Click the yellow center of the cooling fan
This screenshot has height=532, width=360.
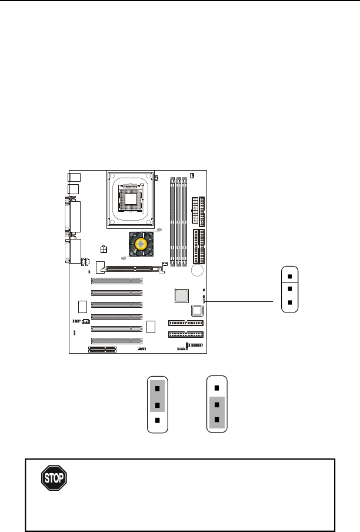[141, 244]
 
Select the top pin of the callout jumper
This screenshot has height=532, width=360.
[289, 275]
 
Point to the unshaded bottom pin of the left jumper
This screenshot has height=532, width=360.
[157, 420]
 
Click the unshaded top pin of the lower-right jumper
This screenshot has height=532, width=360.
[218, 388]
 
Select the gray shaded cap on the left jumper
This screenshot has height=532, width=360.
[157, 396]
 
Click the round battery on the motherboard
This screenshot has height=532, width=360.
[197, 270]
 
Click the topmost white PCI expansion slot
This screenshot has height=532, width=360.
[116, 281]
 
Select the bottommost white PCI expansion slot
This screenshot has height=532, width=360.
[116, 340]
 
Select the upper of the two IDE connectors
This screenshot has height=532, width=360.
[185, 322]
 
